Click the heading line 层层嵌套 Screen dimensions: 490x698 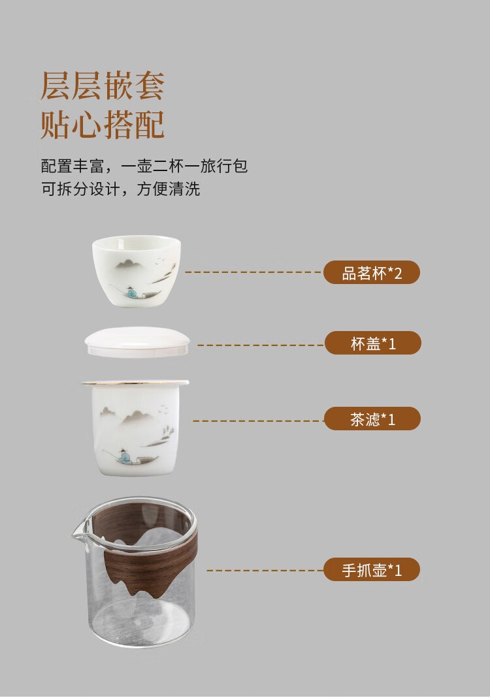(x=103, y=85)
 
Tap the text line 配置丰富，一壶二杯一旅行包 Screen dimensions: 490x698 (x=144, y=166)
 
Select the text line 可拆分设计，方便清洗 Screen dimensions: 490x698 (x=121, y=189)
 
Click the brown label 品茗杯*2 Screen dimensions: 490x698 (x=372, y=272)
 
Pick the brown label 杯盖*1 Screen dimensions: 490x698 (x=373, y=343)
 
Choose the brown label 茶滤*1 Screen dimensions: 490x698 (x=372, y=419)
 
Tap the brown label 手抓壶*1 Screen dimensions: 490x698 (x=372, y=570)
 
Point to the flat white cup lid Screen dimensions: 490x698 (x=137, y=342)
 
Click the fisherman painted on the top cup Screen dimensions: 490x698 (x=129, y=292)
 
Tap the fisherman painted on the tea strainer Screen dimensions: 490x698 (x=124, y=457)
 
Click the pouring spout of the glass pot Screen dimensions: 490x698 (x=79, y=530)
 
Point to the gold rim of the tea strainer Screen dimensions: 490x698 (x=135, y=383)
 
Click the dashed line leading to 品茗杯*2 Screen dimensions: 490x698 (x=254, y=272)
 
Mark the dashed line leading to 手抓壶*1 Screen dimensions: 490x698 (x=265, y=570)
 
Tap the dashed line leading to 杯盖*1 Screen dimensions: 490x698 (x=261, y=345)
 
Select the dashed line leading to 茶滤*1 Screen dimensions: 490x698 (x=259, y=420)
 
